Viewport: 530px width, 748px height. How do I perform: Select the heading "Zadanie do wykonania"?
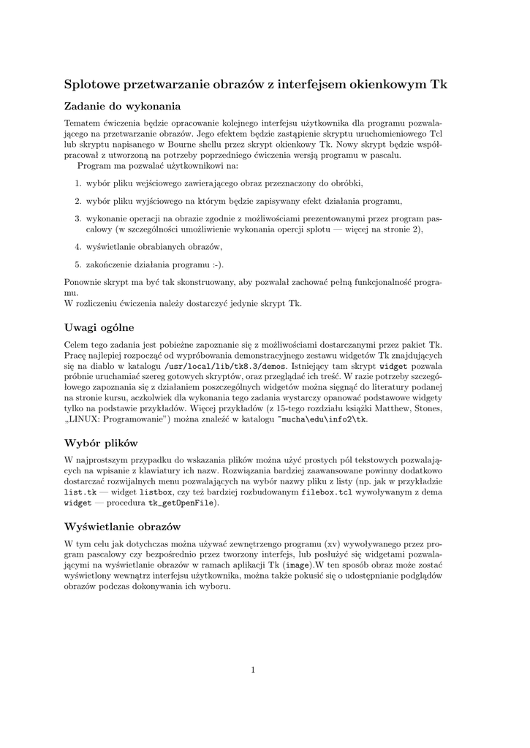tap(122, 107)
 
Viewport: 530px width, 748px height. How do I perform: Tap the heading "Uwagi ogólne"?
tap(99, 327)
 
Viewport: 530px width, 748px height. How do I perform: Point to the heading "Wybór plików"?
tap(102, 443)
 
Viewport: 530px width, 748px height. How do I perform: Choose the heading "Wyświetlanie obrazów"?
tap(122, 527)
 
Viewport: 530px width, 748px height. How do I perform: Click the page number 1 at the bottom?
tap(252, 669)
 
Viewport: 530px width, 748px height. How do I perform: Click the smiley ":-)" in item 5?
tap(215, 264)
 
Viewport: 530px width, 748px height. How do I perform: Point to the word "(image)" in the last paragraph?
tap(298, 565)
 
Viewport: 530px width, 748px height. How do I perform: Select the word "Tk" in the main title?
tap(439, 85)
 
